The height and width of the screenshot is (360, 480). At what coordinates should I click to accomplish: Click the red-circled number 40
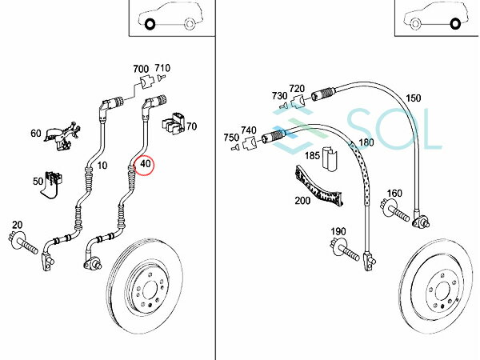146,166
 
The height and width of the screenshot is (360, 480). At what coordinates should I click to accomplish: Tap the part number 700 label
142,69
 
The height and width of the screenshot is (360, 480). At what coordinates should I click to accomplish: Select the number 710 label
163,69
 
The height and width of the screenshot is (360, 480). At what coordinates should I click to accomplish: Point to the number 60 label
36,133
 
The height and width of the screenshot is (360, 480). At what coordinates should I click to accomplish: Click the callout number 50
38,182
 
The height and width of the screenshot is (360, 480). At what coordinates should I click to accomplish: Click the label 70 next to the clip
192,126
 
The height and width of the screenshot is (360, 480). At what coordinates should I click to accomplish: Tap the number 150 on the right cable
413,98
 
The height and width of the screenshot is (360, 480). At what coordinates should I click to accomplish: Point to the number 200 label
302,201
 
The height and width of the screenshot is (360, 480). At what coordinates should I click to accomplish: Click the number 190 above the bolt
338,232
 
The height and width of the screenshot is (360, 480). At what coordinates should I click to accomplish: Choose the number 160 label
394,194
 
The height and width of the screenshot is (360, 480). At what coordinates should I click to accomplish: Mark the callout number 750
231,138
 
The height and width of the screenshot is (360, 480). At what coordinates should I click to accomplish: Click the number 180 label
366,143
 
